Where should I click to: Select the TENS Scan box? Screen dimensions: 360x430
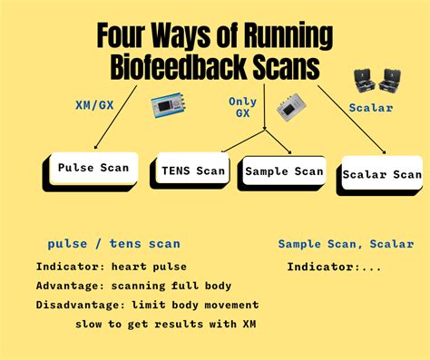click(x=192, y=170)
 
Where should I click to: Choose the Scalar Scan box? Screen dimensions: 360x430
click(x=381, y=174)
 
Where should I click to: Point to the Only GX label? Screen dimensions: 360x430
click(x=242, y=107)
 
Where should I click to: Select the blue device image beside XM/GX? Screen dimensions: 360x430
click(x=171, y=106)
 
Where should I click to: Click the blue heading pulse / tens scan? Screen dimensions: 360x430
click(x=113, y=243)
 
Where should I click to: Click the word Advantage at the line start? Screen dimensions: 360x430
click(x=67, y=285)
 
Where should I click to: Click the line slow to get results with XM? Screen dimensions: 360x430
click(x=153, y=324)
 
